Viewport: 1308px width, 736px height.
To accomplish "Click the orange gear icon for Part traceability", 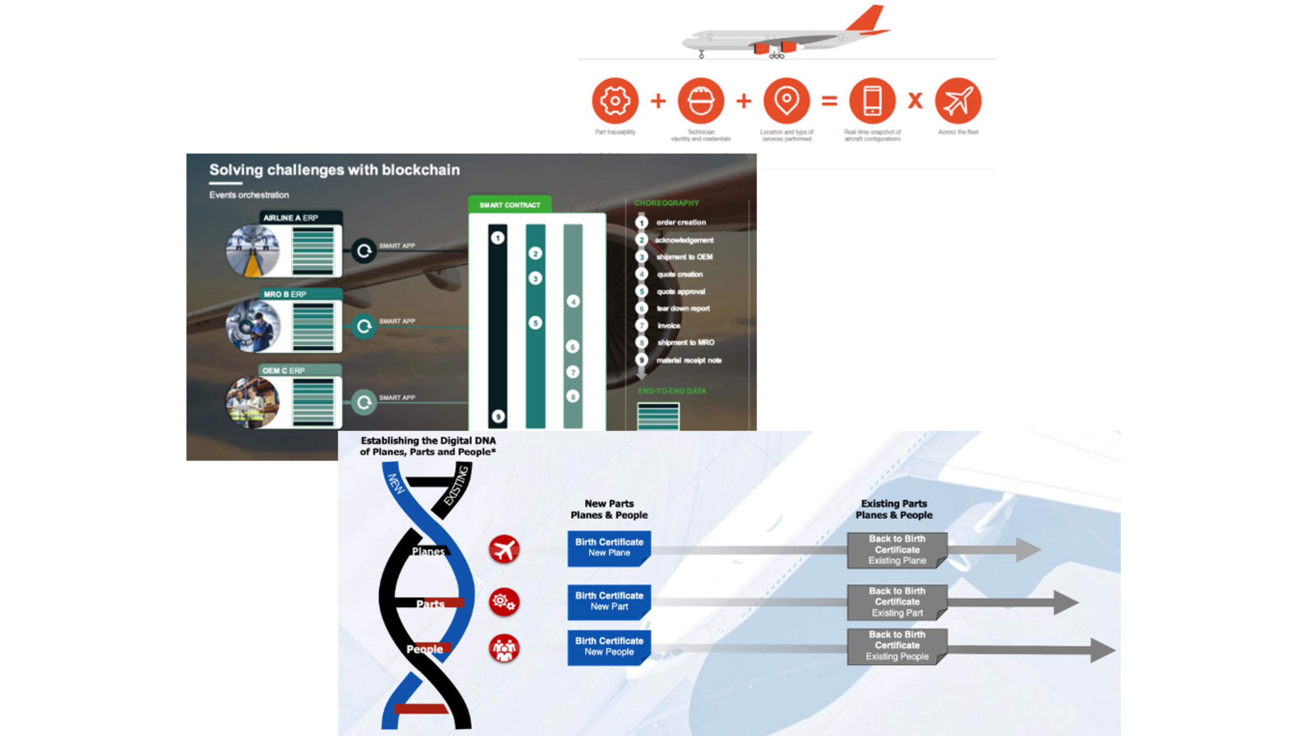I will [615, 101].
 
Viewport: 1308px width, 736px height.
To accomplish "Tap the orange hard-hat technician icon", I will [701, 101].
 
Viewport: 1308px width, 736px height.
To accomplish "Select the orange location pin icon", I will [786, 101].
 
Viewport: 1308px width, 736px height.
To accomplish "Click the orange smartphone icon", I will [872, 101].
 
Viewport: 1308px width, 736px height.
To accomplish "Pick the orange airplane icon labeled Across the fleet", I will [958, 101].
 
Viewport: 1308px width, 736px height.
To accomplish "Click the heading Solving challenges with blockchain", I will [334, 170].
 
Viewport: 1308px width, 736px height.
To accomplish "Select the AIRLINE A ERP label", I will [291, 218].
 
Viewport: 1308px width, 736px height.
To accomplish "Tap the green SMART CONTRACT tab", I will [510, 205].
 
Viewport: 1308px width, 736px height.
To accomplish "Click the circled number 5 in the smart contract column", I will [535, 322].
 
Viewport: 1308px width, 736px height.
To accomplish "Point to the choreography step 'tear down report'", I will [683, 308].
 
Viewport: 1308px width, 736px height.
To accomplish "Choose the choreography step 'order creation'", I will [681, 222].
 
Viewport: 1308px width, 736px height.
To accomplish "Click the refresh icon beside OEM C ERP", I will [364, 402].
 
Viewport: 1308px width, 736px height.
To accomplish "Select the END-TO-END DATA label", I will [672, 391].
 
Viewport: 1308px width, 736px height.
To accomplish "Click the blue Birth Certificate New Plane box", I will [608, 548].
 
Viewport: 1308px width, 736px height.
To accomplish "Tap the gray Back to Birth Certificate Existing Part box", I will [897, 602].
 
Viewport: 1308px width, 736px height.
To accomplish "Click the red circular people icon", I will [504, 648].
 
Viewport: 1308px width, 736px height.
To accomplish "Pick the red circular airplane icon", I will [504, 549].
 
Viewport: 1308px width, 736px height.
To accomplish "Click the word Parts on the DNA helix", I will [430, 604].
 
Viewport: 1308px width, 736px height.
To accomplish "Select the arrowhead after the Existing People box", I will [1102, 650].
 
